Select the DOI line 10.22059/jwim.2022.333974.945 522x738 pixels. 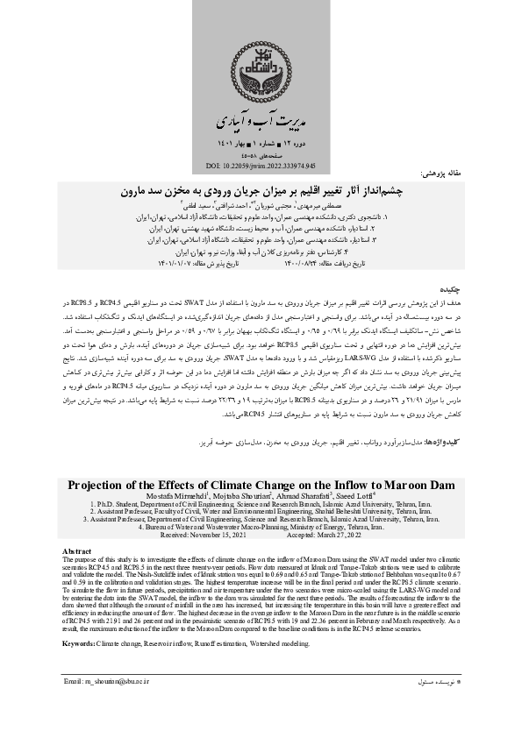pos(261,165)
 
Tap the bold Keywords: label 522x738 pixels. pos(83,621)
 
